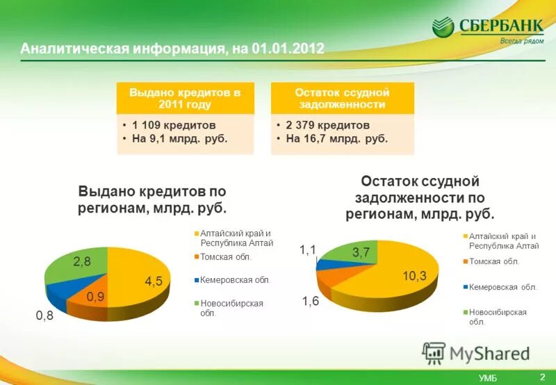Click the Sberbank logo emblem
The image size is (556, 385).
pos(444,28)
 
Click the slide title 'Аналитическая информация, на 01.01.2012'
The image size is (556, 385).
pos(172,49)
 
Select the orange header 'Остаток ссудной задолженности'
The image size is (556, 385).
pos(342,99)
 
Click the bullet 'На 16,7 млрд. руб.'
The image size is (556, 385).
pos(336,138)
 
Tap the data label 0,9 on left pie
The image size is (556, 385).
pos(96,297)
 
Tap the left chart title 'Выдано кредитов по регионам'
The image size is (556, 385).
pos(152,199)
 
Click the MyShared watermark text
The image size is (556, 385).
pos(489,353)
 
